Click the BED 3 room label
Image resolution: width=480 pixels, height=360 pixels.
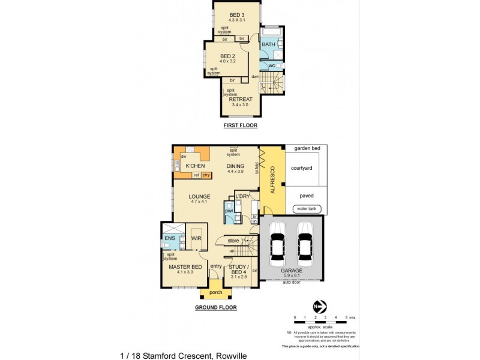(238, 14)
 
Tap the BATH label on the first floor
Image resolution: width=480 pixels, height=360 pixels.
(268, 44)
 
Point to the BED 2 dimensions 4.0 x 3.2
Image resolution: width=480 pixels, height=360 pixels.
(229, 61)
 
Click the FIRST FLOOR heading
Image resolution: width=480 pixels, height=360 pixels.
(240, 125)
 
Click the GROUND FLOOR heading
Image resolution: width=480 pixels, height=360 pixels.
(215, 307)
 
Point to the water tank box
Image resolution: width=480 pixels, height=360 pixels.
(306, 209)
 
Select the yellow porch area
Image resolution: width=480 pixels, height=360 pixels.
(215, 293)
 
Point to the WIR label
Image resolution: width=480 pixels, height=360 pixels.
(196, 238)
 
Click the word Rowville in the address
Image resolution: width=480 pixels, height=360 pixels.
(230, 355)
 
